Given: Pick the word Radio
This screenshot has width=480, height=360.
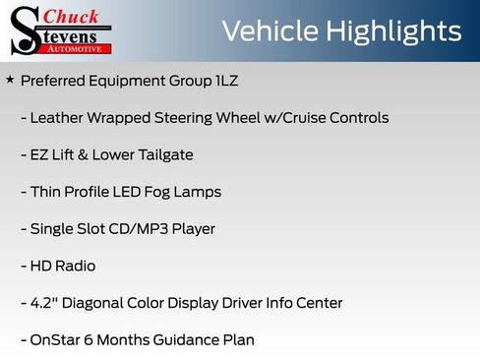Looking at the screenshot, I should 77,266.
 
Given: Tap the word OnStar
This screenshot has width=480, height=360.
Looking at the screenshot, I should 57,340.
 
